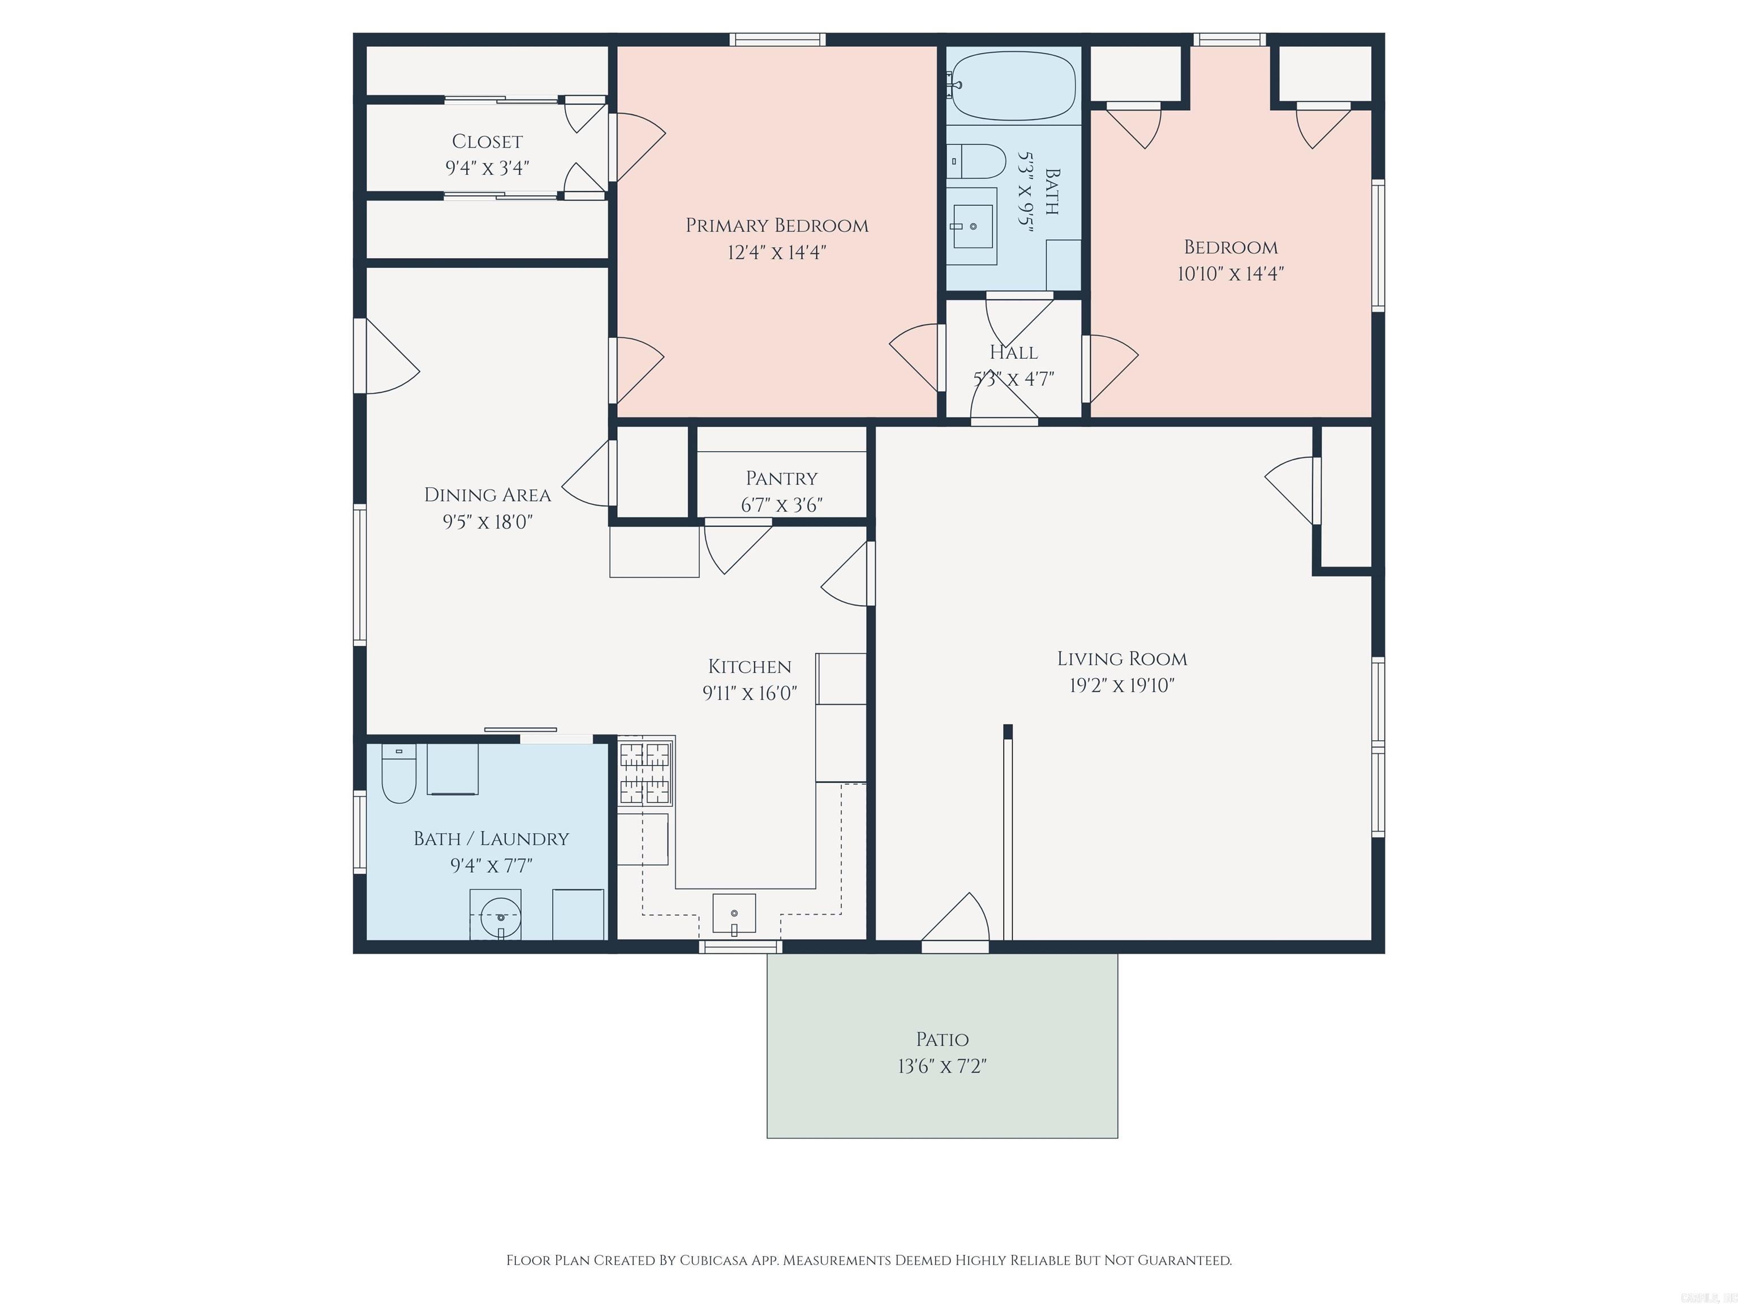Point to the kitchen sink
coord(734,914)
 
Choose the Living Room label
coord(1122,659)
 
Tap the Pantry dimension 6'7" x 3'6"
coord(782,505)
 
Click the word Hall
coord(1014,352)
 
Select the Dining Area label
coord(488,495)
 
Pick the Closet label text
coord(487,141)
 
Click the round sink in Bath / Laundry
coord(500,916)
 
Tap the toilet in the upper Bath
coord(976,161)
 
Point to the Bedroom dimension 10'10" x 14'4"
coord(1231,273)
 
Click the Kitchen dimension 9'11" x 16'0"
coord(750,693)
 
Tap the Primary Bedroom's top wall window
coord(777,39)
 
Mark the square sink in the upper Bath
coord(972,226)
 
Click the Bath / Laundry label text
coord(491,839)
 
